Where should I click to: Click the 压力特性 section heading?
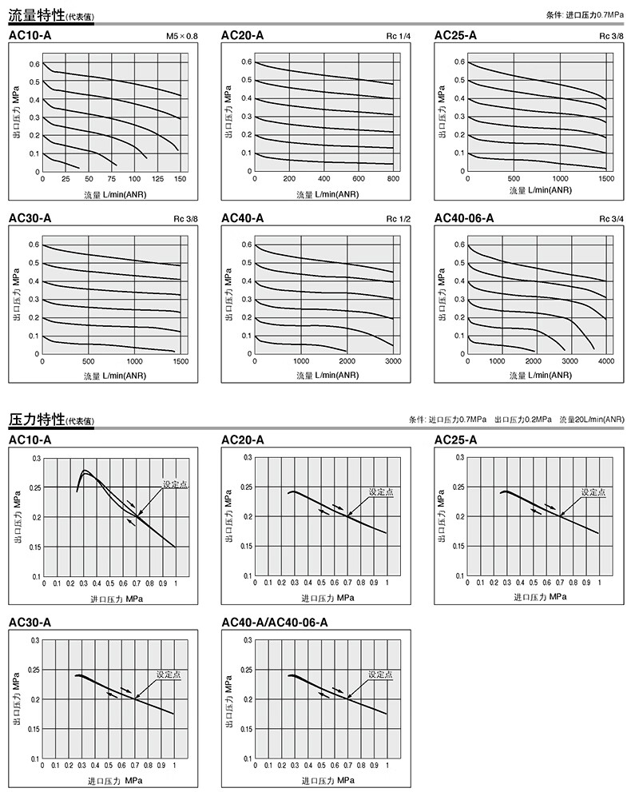pyautogui.click(x=36, y=419)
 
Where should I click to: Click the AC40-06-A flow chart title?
pyautogui.click(x=464, y=218)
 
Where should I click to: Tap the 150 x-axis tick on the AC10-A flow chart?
pyautogui.click(x=181, y=179)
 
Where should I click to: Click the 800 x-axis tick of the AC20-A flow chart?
pyautogui.click(x=393, y=179)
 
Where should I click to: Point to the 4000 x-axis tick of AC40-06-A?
pyautogui.click(x=605, y=361)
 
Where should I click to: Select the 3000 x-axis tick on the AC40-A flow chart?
pyautogui.click(x=393, y=361)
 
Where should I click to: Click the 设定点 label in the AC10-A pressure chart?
pyautogui.click(x=175, y=484)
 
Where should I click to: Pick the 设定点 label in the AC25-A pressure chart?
pyautogui.click(x=594, y=492)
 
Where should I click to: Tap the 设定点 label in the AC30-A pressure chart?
pyautogui.click(x=169, y=675)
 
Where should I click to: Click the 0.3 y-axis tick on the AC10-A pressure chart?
pyautogui.click(x=35, y=458)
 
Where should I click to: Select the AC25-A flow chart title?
pyautogui.click(x=455, y=35)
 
